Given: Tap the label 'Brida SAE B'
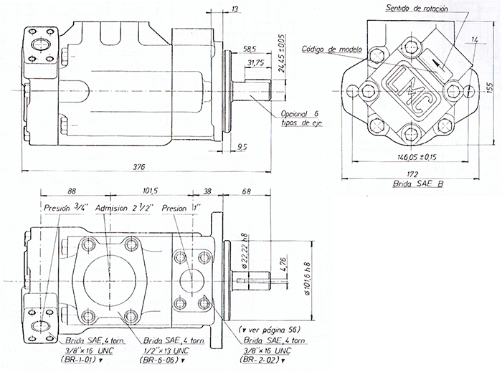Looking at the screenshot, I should tap(418, 185).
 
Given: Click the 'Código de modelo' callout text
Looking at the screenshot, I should tap(333, 50).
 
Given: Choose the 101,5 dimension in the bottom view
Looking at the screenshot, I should tap(150, 191).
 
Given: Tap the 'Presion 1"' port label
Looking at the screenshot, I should tap(183, 209).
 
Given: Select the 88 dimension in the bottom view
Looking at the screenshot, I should tap(72, 191).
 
